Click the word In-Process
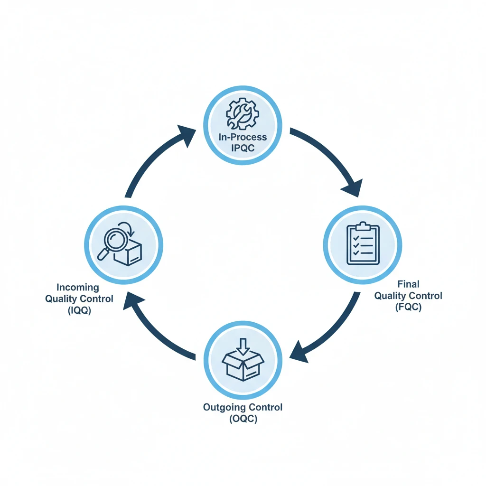click(243, 137)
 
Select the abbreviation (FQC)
click(408, 307)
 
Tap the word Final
click(408, 284)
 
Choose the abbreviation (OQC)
click(243, 419)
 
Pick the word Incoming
click(78, 288)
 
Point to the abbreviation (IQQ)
click(78, 310)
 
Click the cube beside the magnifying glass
click(130, 252)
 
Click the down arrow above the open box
click(243, 346)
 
